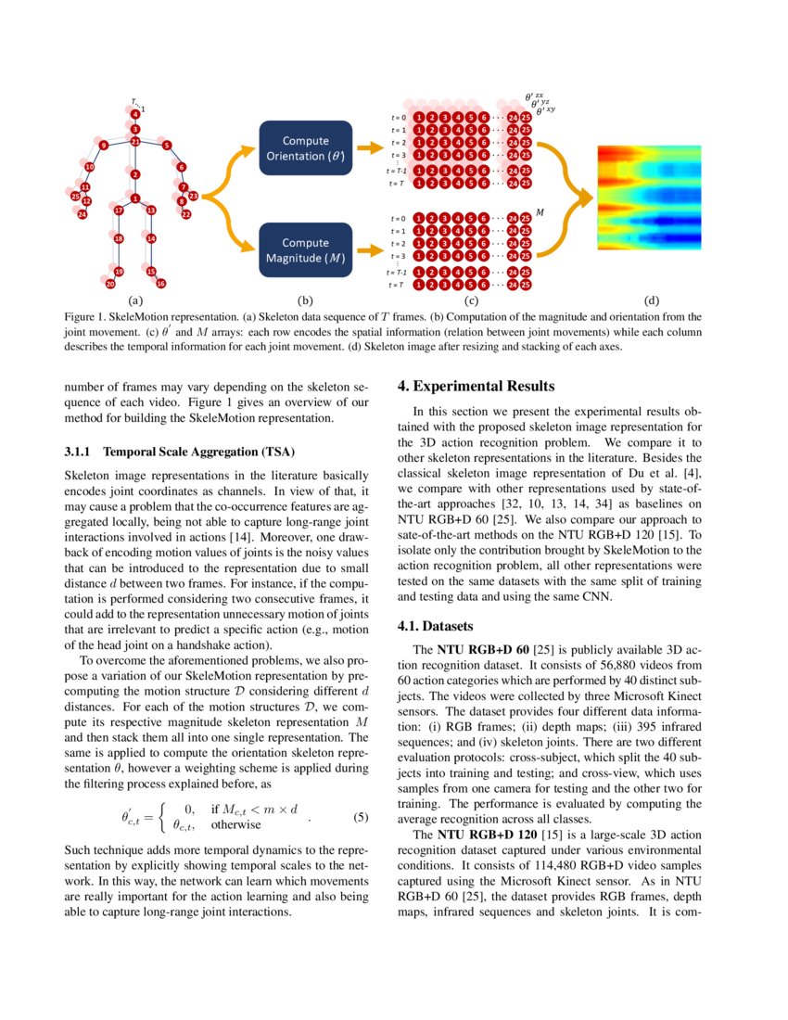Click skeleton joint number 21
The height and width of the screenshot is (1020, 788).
coord(135,142)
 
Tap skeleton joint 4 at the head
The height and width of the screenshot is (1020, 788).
coord(135,113)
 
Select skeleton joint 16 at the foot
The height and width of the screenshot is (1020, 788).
coord(160,283)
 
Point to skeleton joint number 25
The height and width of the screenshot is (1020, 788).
coord(75,196)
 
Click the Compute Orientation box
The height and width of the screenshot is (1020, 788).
coord(305,148)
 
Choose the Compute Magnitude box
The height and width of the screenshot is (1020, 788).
coord(305,250)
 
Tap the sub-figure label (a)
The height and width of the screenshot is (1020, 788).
coord(135,300)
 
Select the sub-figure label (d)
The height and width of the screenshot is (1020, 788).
coord(652,300)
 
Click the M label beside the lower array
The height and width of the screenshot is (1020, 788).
coord(540,212)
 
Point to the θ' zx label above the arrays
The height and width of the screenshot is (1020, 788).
coord(535,96)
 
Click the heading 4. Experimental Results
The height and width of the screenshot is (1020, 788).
coord(476,386)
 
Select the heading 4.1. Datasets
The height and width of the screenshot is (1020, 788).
coord(436,626)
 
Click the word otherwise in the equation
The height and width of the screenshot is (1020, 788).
coord(235,823)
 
